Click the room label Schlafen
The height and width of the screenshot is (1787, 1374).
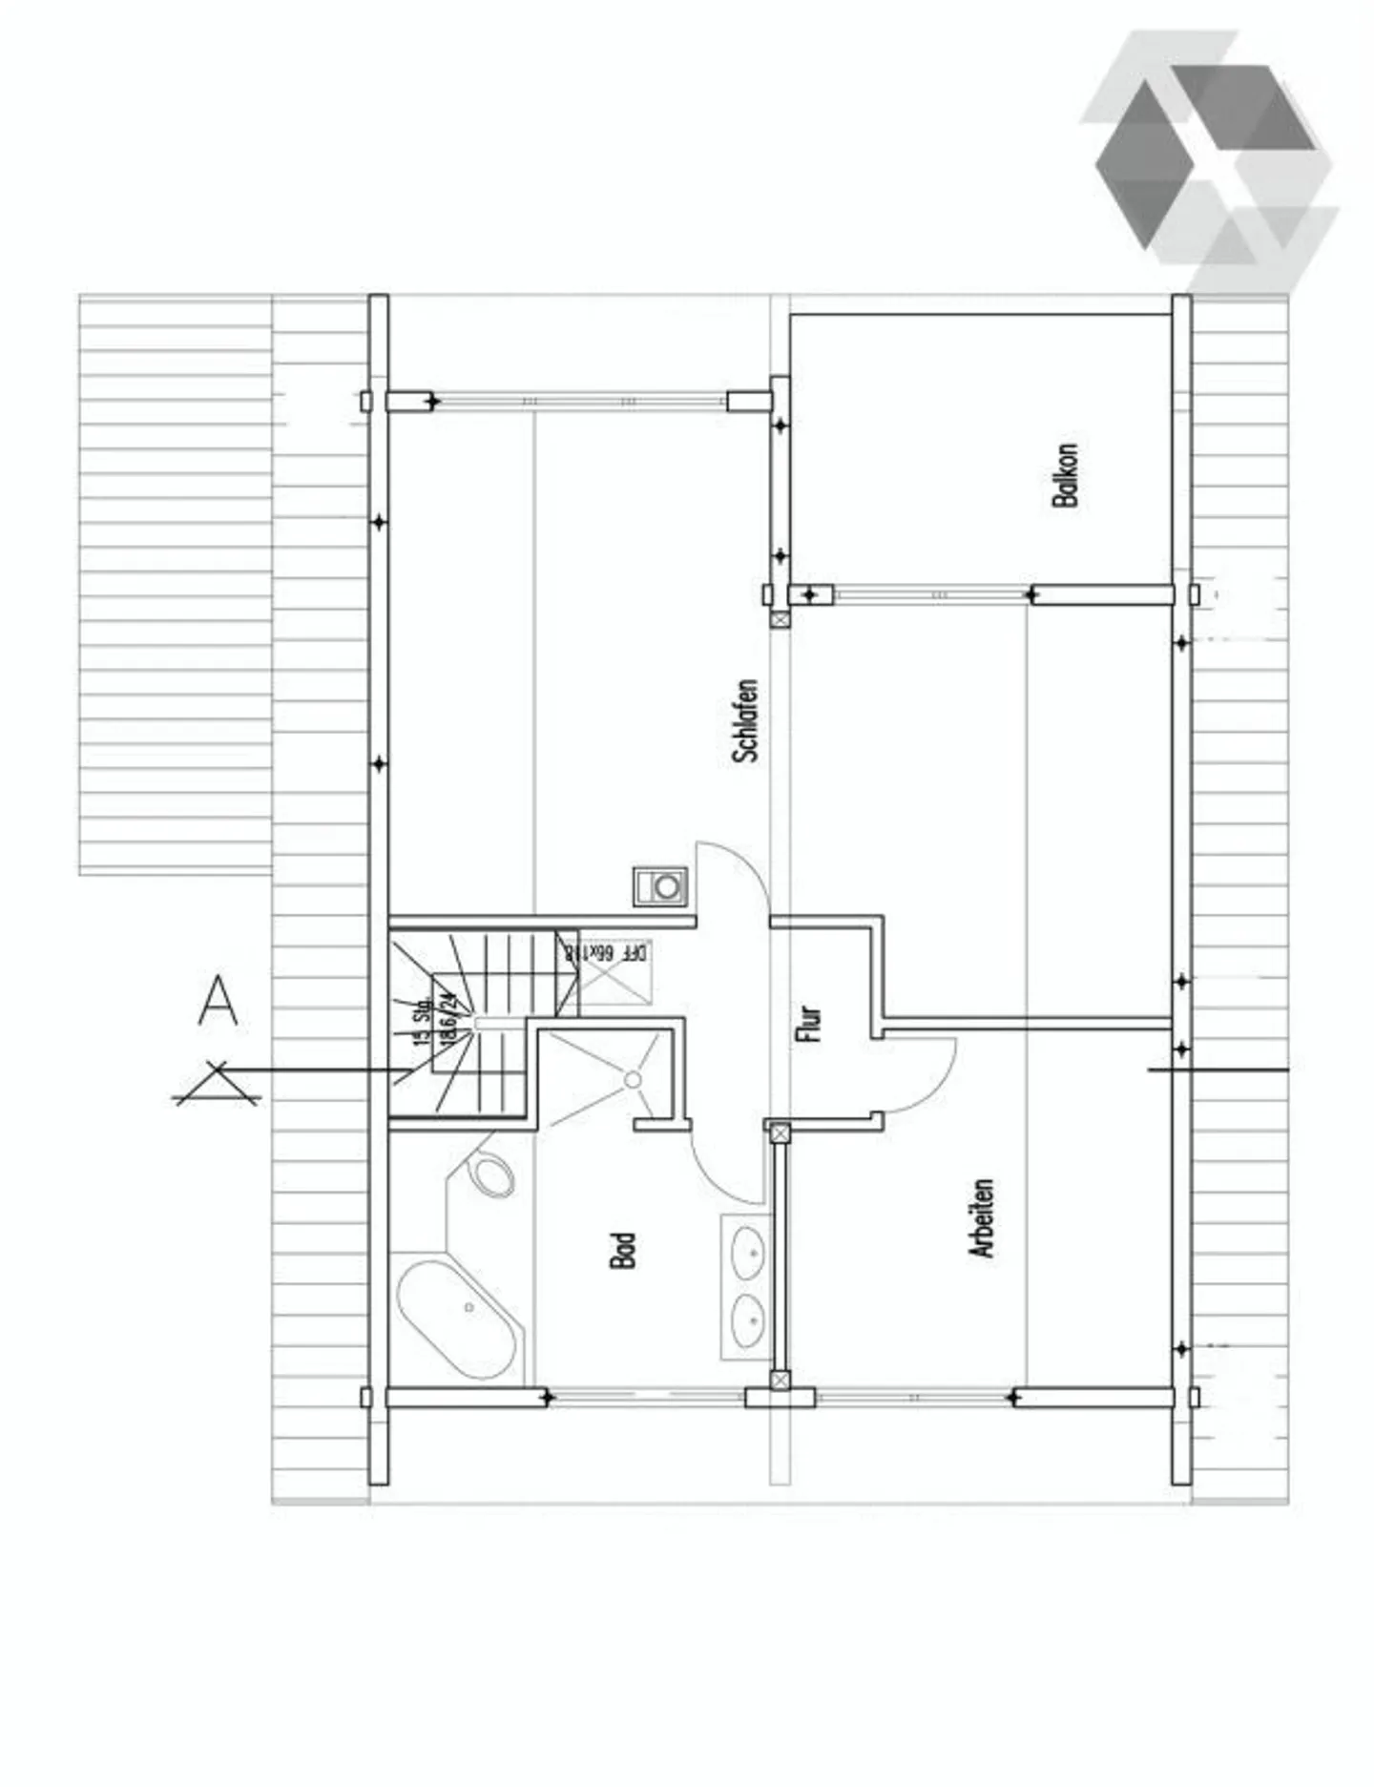(x=746, y=720)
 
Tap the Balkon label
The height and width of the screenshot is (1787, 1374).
(x=1065, y=474)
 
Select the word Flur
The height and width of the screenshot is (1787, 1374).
(x=808, y=1023)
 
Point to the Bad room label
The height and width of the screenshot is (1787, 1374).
(x=622, y=1250)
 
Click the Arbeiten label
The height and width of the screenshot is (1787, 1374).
(x=982, y=1218)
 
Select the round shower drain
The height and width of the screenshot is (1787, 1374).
(x=633, y=1079)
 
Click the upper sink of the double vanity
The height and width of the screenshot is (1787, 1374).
(x=747, y=1253)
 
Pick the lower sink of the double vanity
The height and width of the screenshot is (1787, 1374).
(x=747, y=1320)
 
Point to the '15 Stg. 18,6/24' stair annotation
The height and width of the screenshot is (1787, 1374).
(x=435, y=1019)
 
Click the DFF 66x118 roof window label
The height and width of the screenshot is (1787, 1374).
(x=607, y=952)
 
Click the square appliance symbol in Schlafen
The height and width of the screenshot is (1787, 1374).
(x=660, y=886)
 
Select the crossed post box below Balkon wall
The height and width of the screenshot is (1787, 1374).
(x=780, y=619)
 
